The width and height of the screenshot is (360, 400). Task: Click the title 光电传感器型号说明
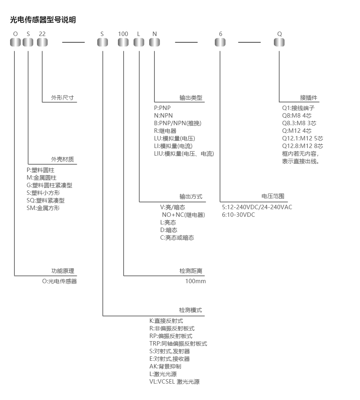click(43, 20)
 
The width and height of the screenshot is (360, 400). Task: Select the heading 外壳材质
click(62, 160)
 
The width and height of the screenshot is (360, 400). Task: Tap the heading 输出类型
click(191, 98)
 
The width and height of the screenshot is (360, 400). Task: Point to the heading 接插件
click(308, 98)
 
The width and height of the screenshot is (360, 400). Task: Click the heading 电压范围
click(273, 196)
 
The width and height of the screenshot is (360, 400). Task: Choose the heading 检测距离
click(191, 271)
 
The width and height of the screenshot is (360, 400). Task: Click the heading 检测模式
click(190, 310)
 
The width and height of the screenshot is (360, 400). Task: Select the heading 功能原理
click(63, 271)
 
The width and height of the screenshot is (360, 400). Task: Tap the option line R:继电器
click(165, 131)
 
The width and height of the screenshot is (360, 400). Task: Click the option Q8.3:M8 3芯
click(299, 123)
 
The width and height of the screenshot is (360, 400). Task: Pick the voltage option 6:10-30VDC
click(238, 215)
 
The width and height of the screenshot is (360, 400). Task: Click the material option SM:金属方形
click(43, 208)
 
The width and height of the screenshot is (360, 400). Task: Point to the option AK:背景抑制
click(165, 366)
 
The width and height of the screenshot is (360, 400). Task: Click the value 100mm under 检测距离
click(196, 281)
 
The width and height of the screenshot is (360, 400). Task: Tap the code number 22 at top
click(42, 34)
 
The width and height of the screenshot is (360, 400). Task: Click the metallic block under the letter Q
click(279, 42)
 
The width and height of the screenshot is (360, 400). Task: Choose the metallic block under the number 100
click(123, 42)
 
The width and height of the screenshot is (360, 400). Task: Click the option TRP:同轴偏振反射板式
click(178, 344)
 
